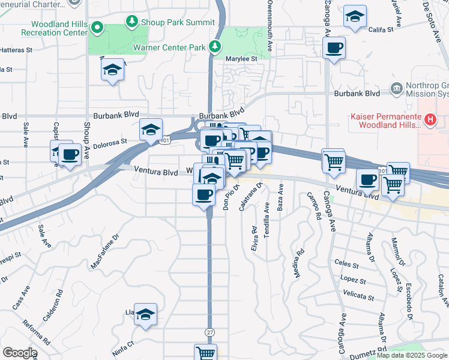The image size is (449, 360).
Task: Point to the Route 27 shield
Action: [x=209, y=331]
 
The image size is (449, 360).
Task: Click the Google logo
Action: [x=19, y=353]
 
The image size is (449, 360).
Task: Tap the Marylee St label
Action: [x=241, y=59]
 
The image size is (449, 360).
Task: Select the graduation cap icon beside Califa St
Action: [x=355, y=17]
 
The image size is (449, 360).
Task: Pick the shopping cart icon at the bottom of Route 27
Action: [x=205, y=353]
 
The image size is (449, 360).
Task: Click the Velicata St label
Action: [x=359, y=297]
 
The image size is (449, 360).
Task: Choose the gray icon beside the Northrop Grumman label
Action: [x=396, y=89]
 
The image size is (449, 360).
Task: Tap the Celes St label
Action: [x=346, y=264]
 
